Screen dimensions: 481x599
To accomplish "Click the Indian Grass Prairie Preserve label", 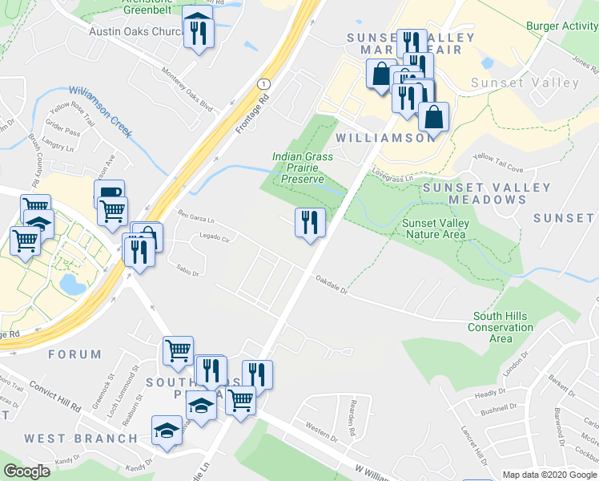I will tap(303, 168).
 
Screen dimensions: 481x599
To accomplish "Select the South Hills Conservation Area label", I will tap(501, 327).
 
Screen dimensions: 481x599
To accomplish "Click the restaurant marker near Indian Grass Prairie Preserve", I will tap(310, 224).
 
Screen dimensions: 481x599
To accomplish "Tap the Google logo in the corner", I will tap(26, 471).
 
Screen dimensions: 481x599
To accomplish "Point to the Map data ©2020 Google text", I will tap(549, 475).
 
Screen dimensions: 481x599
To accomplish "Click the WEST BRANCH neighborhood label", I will tap(81, 439).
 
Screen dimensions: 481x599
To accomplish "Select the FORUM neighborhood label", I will tap(74, 354).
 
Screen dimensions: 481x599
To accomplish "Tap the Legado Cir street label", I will tap(215, 239).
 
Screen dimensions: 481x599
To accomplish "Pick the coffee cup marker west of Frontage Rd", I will tap(109, 194).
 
